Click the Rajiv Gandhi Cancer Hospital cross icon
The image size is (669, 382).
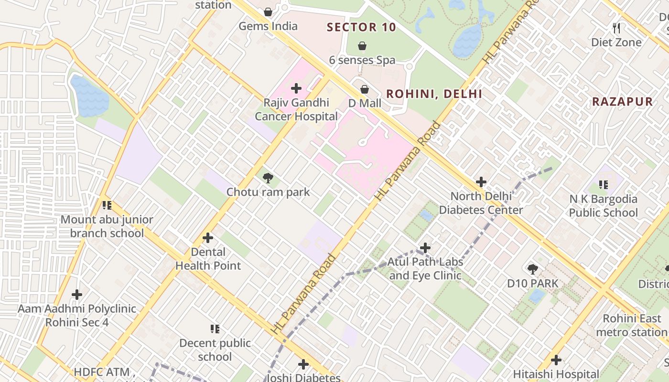(296, 88)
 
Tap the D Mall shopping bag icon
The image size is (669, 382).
(365, 89)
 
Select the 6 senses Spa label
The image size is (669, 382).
(362, 60)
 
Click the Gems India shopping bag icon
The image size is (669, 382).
(268, 12)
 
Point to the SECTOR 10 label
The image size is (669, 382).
(362, 27)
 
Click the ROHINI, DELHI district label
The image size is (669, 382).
(434, 94)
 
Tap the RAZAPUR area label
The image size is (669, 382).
(622, 102)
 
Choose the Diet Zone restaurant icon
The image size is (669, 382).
(616, 28)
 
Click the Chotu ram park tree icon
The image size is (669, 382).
(268, 178)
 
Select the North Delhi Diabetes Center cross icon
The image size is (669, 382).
(481, 182)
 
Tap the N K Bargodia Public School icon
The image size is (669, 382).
(604, 184)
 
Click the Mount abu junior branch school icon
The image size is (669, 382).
(107, 205)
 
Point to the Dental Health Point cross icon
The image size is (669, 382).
(208, 238)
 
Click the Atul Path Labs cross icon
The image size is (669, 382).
(425, 248)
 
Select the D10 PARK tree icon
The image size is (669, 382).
(533, 269)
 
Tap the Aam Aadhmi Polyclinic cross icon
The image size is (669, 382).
(76, 295)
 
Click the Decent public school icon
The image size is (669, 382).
(215, 329)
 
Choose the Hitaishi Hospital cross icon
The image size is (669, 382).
(556, 360)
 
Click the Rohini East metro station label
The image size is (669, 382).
(632, 325)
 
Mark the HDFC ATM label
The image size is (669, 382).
(102, 372)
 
